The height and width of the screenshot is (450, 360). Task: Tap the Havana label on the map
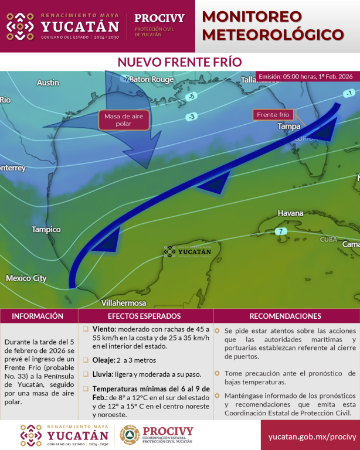[x=290, y=213]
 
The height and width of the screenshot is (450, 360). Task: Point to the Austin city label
[x=47, y=83]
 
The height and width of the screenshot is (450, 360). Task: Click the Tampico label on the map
[x=46, y=229]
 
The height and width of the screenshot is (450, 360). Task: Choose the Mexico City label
[x=26, y=278]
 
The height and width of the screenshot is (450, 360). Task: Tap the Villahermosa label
[x=124, y=303]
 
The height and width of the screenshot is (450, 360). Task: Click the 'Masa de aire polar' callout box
[x=124, y=120]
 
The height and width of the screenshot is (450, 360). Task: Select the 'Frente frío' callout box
[x=273, y=114]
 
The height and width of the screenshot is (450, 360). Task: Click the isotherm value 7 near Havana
[x=281, y=231]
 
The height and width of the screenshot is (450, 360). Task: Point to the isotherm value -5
[x=191, y=96]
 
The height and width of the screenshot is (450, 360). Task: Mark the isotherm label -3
[x=191, y=117]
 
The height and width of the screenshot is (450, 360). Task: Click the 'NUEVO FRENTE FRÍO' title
[x=179, y=62]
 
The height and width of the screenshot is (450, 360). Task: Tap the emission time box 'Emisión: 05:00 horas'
[x=305, y=77]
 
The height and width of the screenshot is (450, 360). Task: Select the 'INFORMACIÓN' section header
[x=38, y=316]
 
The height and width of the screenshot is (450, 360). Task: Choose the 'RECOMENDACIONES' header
[x=286, y=316]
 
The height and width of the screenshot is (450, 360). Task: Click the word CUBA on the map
[x=328, y=240]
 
